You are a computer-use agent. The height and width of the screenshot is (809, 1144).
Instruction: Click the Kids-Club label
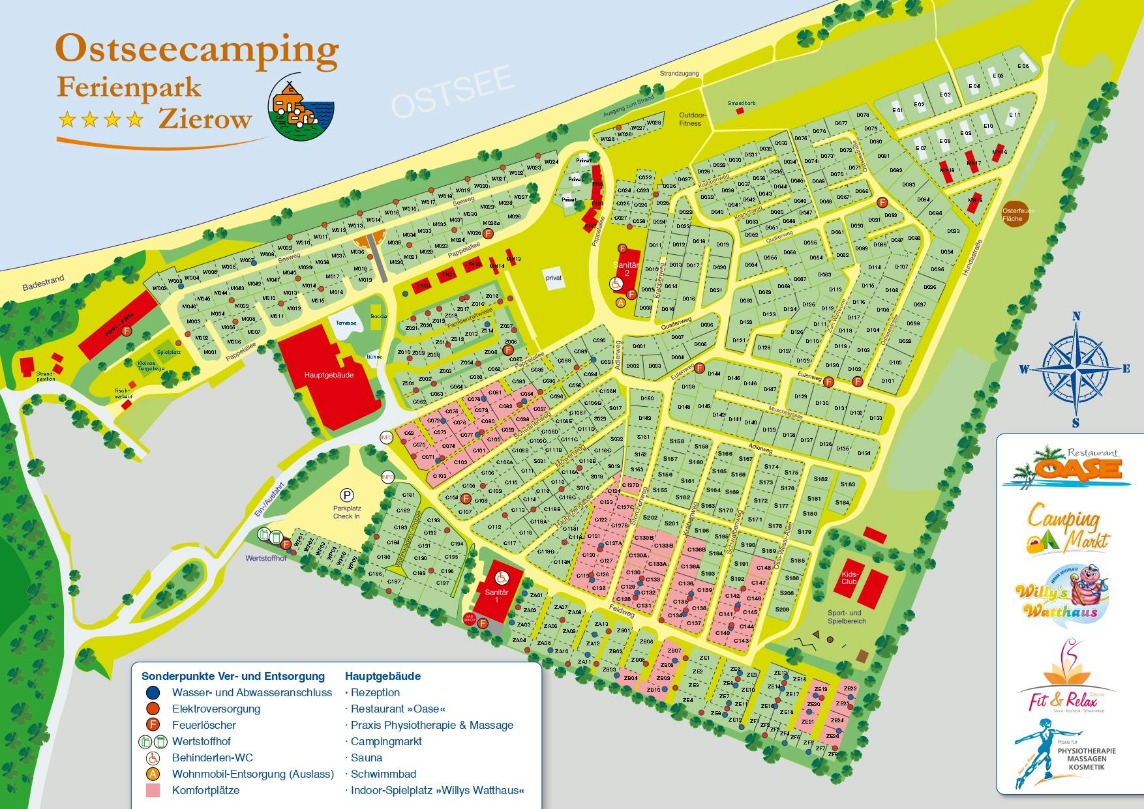point(849,578)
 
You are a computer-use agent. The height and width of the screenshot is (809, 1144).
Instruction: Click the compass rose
point(1074,370)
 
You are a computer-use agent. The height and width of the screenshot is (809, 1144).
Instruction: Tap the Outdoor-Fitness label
point(689,119)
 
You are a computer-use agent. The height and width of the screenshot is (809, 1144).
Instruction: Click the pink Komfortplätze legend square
point(153,791)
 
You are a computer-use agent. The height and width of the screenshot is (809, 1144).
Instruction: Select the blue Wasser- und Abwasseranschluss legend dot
point(153,692)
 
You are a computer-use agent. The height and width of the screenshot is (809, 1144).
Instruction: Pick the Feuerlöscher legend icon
point(153,725)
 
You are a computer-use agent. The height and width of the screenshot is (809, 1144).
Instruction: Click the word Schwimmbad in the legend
point(383,774)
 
